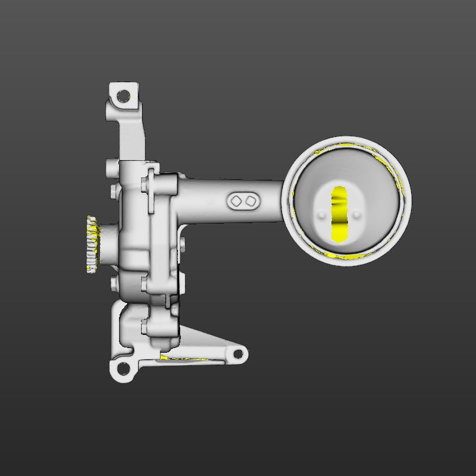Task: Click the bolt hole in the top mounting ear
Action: tap(123, 95)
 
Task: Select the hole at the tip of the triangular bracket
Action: tap(238, 354)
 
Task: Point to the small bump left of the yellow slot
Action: tap(322, 213)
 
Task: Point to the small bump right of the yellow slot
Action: tap(358, 213)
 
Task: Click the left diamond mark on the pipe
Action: tap(236, 201)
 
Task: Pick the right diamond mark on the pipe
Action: tap(251, 201)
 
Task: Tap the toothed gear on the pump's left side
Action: tap(92, 244)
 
